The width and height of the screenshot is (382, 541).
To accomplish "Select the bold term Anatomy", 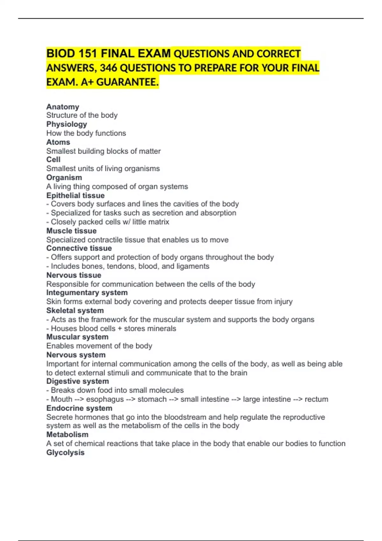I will pos(63,107).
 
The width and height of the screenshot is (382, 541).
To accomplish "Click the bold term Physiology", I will pos(67,124).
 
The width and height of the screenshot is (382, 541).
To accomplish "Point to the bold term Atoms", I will pos(58,142).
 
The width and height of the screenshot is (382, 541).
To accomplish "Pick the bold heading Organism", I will pos(64,177).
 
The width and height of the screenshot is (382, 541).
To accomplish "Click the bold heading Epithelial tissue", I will pos(75,195).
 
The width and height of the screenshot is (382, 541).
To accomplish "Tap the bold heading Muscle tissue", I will pos(71,231).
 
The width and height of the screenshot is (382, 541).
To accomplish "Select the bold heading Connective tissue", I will pos(79,248).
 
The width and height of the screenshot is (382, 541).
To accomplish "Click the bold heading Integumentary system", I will pos(87,292).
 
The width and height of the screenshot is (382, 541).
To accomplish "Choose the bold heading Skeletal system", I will pos(75,310).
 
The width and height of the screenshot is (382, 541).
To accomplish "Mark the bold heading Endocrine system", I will pos(79,408).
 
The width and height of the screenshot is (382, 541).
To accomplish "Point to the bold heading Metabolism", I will pos(67,434).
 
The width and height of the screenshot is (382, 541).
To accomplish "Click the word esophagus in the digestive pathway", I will pos(105,399).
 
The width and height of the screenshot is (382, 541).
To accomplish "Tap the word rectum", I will pos(316,399).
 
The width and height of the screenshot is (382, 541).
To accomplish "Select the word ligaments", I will pos(193,266).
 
